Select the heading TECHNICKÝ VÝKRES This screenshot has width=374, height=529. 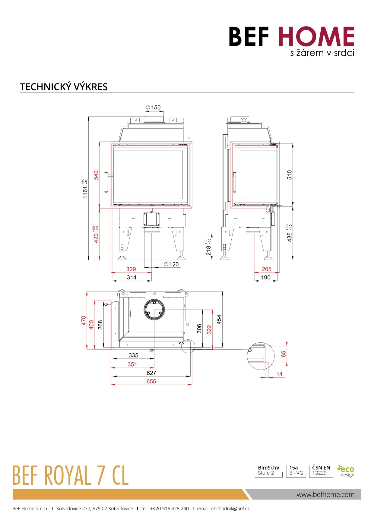tap(64, 87)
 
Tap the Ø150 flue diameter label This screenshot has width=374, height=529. tap(153, 108)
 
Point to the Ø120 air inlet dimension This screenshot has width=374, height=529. tap(171, 264)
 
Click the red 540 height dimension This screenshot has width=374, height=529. tap(96, 175)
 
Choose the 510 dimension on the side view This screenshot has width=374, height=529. tap(290, 175)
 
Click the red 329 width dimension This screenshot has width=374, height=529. tap(131, 269)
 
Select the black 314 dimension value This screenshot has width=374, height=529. tap(132, 277)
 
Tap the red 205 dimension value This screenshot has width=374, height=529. tap(267, 269)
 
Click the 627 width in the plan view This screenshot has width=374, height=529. tap(151, 373)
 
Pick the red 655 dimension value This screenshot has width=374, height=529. tap(151, 381)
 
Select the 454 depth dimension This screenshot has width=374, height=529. tap(219, 320)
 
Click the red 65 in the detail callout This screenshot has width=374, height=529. tap(284, 354)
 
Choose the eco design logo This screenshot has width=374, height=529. tap(346, 471)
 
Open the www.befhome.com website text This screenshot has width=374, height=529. tap(325, 495)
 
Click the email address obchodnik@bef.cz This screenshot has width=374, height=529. tap(230, 509)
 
